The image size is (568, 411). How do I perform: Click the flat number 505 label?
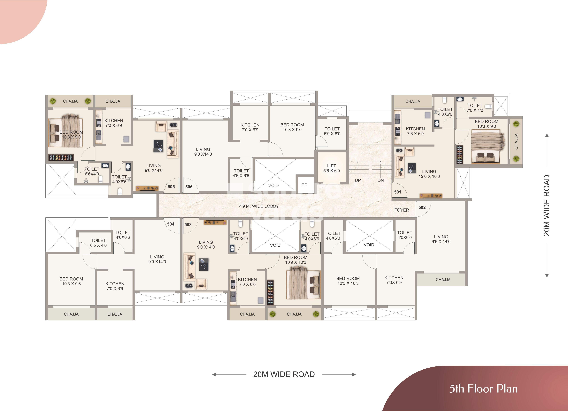point(171,187)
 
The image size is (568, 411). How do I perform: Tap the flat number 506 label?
point(189,187)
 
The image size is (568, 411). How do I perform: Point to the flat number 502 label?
point(422,207)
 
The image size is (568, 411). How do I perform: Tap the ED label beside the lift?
point(304,185)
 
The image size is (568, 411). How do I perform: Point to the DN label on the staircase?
point(381,180)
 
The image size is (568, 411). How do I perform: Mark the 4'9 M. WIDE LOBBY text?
point(259,206)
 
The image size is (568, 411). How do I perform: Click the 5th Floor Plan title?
point(483,389)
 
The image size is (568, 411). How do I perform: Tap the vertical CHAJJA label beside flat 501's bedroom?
point(516,142)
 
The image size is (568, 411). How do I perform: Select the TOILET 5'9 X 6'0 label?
point(332,131)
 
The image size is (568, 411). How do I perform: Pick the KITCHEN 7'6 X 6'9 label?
point(415,131)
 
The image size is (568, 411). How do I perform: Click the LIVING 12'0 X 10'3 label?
point(429,174)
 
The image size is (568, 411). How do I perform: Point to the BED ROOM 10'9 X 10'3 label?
point(296,260)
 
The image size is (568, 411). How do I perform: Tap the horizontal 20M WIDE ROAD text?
point(284,374)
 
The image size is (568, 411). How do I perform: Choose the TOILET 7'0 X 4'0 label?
point(475,108)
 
